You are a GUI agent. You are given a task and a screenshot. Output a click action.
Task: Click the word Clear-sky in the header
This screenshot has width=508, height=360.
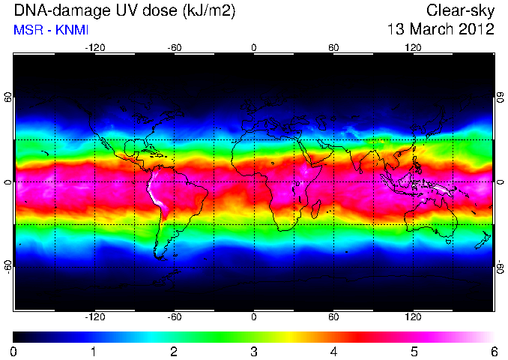coord(460,10)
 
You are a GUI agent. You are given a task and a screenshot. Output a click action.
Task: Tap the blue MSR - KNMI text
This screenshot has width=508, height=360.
coord(51,30)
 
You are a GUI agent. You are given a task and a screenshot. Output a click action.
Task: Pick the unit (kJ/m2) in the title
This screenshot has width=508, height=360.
coord(208,11)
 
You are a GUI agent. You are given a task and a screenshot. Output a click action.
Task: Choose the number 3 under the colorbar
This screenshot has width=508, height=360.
coord(254,352)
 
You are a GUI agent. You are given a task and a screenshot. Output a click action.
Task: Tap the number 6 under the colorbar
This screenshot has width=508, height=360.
coord(494,352)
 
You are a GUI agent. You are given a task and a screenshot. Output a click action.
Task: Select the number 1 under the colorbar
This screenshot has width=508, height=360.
coord(94,352)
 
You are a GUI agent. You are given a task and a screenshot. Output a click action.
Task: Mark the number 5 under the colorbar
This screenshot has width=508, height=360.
coord(414,352)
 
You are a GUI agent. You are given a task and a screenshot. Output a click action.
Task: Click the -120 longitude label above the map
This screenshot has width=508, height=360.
coord(95,48)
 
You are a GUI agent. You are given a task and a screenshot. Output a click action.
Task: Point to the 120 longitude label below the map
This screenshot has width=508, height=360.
coord(413,316)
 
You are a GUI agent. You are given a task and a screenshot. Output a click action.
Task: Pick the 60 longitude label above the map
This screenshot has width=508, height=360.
coord(333,48)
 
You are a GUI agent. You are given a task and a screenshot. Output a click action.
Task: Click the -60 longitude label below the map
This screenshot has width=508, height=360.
coord(175,316)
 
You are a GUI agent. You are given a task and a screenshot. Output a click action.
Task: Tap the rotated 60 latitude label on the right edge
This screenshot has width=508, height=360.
coord(501,97)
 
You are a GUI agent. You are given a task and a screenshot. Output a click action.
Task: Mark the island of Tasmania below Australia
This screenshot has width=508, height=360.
coord(448,241)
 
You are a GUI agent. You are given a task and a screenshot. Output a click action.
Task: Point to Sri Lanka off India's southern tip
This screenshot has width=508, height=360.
coord(358,170)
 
